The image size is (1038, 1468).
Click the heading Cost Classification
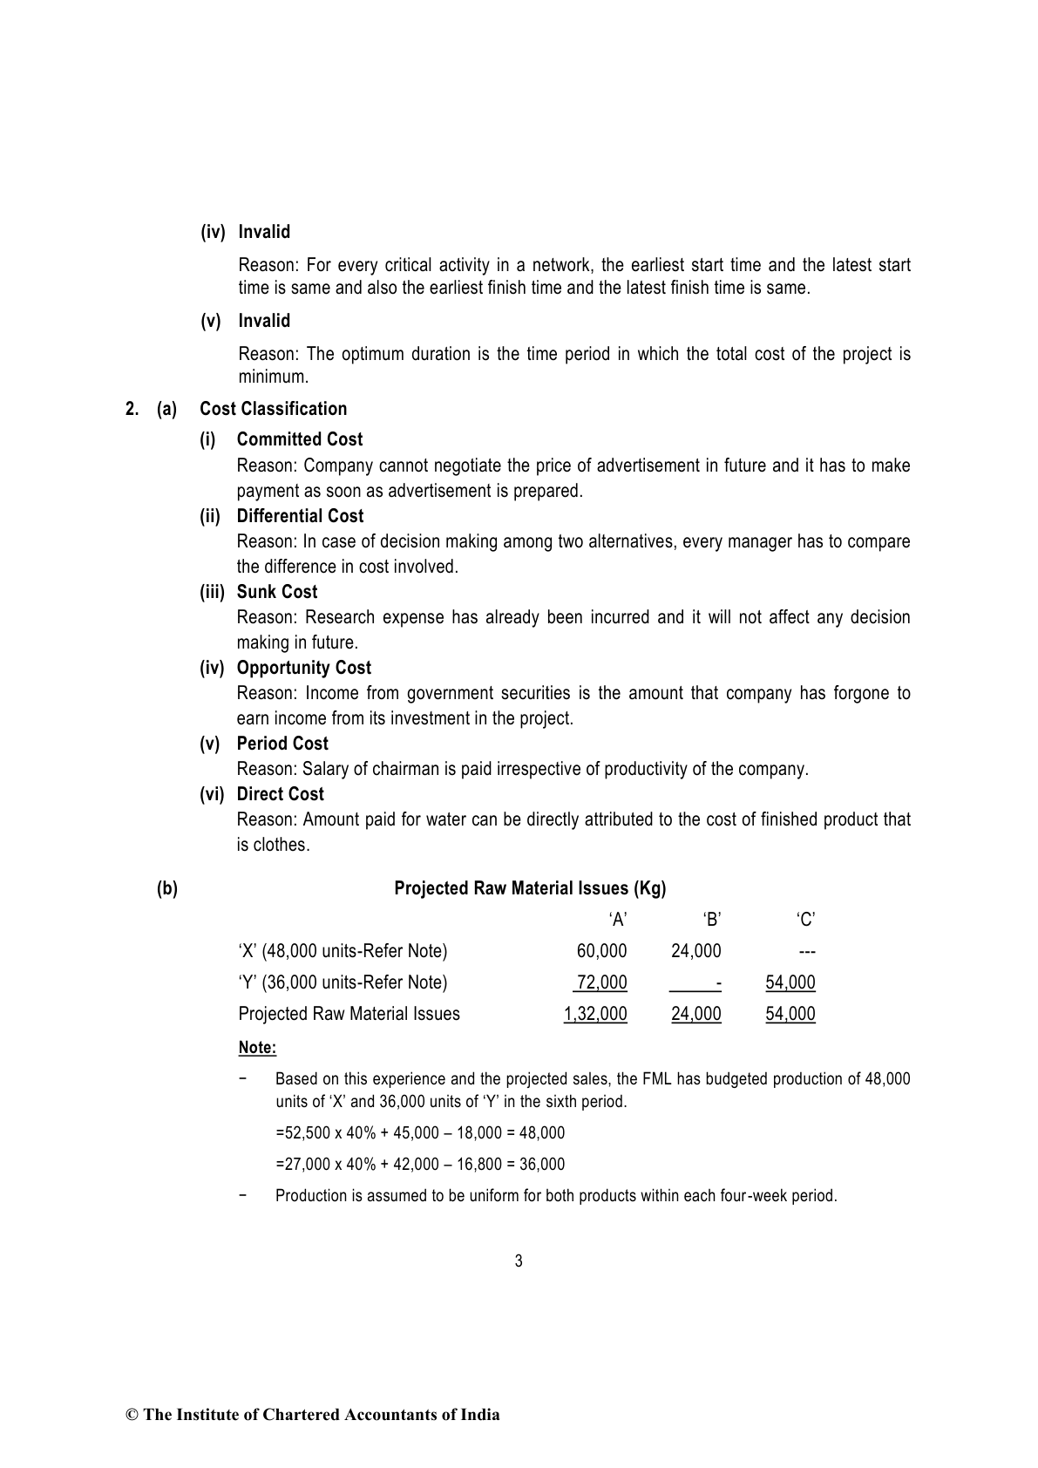coord(273,409)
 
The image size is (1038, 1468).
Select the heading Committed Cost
coord(299,439)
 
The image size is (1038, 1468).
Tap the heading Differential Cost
coord(300,516)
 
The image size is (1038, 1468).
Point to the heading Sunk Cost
coord(277,592)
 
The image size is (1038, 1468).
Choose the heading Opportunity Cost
coord(303,668)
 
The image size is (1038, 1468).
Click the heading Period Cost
coord(282,744)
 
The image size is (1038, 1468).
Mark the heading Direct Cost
coord(280,794)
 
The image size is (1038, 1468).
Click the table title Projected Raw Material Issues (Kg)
coord(530,888)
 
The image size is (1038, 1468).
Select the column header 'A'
coord(618,920)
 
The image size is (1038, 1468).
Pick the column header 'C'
coord(806,920)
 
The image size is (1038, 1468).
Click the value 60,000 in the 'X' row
coord(601,951)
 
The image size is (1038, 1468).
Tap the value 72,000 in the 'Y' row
coord(601,982)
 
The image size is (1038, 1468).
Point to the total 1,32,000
coord(595,1014)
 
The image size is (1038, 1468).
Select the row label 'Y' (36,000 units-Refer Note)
coord(343,982)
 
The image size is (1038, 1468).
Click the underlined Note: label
coord(257,1048)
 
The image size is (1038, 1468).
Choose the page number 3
coord(519,1261)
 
